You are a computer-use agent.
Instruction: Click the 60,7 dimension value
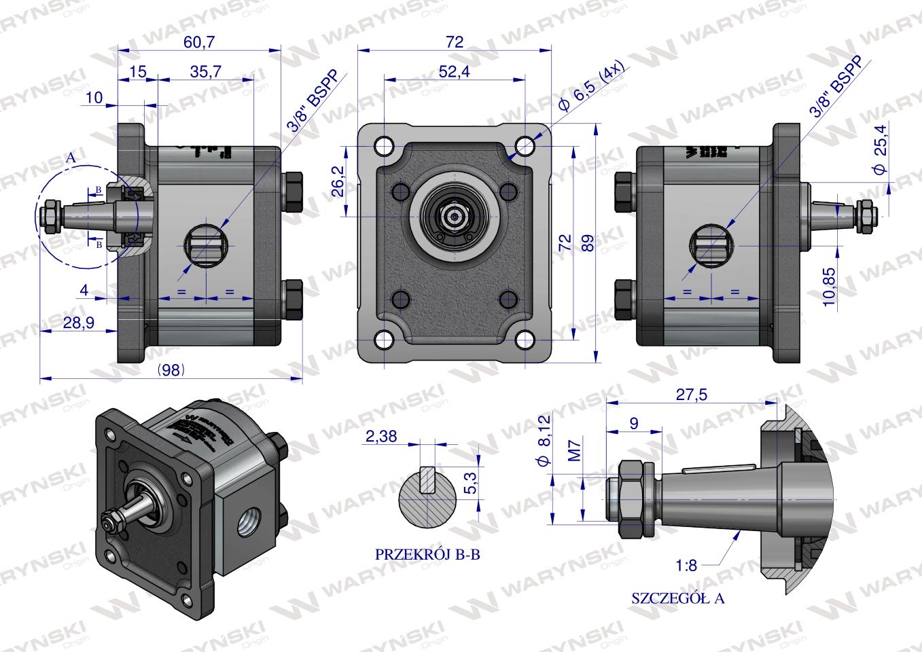tap(199, 42)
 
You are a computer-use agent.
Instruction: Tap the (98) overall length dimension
tap(171, 369)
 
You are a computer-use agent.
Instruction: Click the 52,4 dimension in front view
tap(455, 72)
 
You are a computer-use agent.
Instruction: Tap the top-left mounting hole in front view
tap(384, 145)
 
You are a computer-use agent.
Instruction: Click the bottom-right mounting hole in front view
tap(525, 339)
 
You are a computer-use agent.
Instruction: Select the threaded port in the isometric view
tap(245, 524)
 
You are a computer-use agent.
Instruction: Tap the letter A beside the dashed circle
tap(69, 158)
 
